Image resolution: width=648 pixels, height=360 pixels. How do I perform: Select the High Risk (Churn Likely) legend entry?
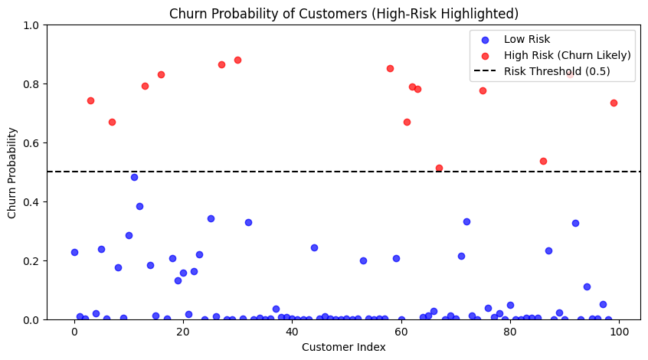click(x=567, y=55)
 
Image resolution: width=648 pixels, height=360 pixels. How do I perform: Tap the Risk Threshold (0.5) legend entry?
click(x=557, y=71)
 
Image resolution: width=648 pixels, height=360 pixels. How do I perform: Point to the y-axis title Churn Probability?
click(x=13, y=172)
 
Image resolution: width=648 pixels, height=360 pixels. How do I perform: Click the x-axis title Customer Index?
click(x=343, y=347)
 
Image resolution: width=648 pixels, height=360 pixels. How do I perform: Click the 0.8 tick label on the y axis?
click(x=31, y=84)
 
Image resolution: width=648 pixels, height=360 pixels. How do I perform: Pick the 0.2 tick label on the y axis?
click(x=31, y=260)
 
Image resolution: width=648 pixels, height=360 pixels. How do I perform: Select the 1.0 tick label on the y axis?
click(x=31, y=25)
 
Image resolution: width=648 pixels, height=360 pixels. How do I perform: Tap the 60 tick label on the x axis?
click(x=401, y=331)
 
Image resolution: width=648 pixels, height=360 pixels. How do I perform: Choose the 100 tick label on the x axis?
click(x=619, y=331)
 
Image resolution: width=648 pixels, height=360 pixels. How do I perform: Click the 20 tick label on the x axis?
click(x=183, y=331)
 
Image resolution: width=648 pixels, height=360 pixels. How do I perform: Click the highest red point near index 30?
click(x=237, y=60)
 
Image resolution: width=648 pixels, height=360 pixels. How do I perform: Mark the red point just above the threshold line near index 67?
click(x=439, y=168)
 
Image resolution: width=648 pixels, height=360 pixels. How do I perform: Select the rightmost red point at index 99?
click(x=614, y=103)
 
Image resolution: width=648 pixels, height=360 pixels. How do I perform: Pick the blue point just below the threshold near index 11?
click(x=134, y=177)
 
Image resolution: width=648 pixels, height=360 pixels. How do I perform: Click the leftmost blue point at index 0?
click(x=74, y=252)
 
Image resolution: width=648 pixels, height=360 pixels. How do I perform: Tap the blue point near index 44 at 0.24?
click(x=314, y=247)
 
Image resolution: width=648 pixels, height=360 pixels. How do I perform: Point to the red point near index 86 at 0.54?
click(x=543, y=161)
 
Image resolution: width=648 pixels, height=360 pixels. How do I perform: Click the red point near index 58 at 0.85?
click(x=390, y=68)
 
